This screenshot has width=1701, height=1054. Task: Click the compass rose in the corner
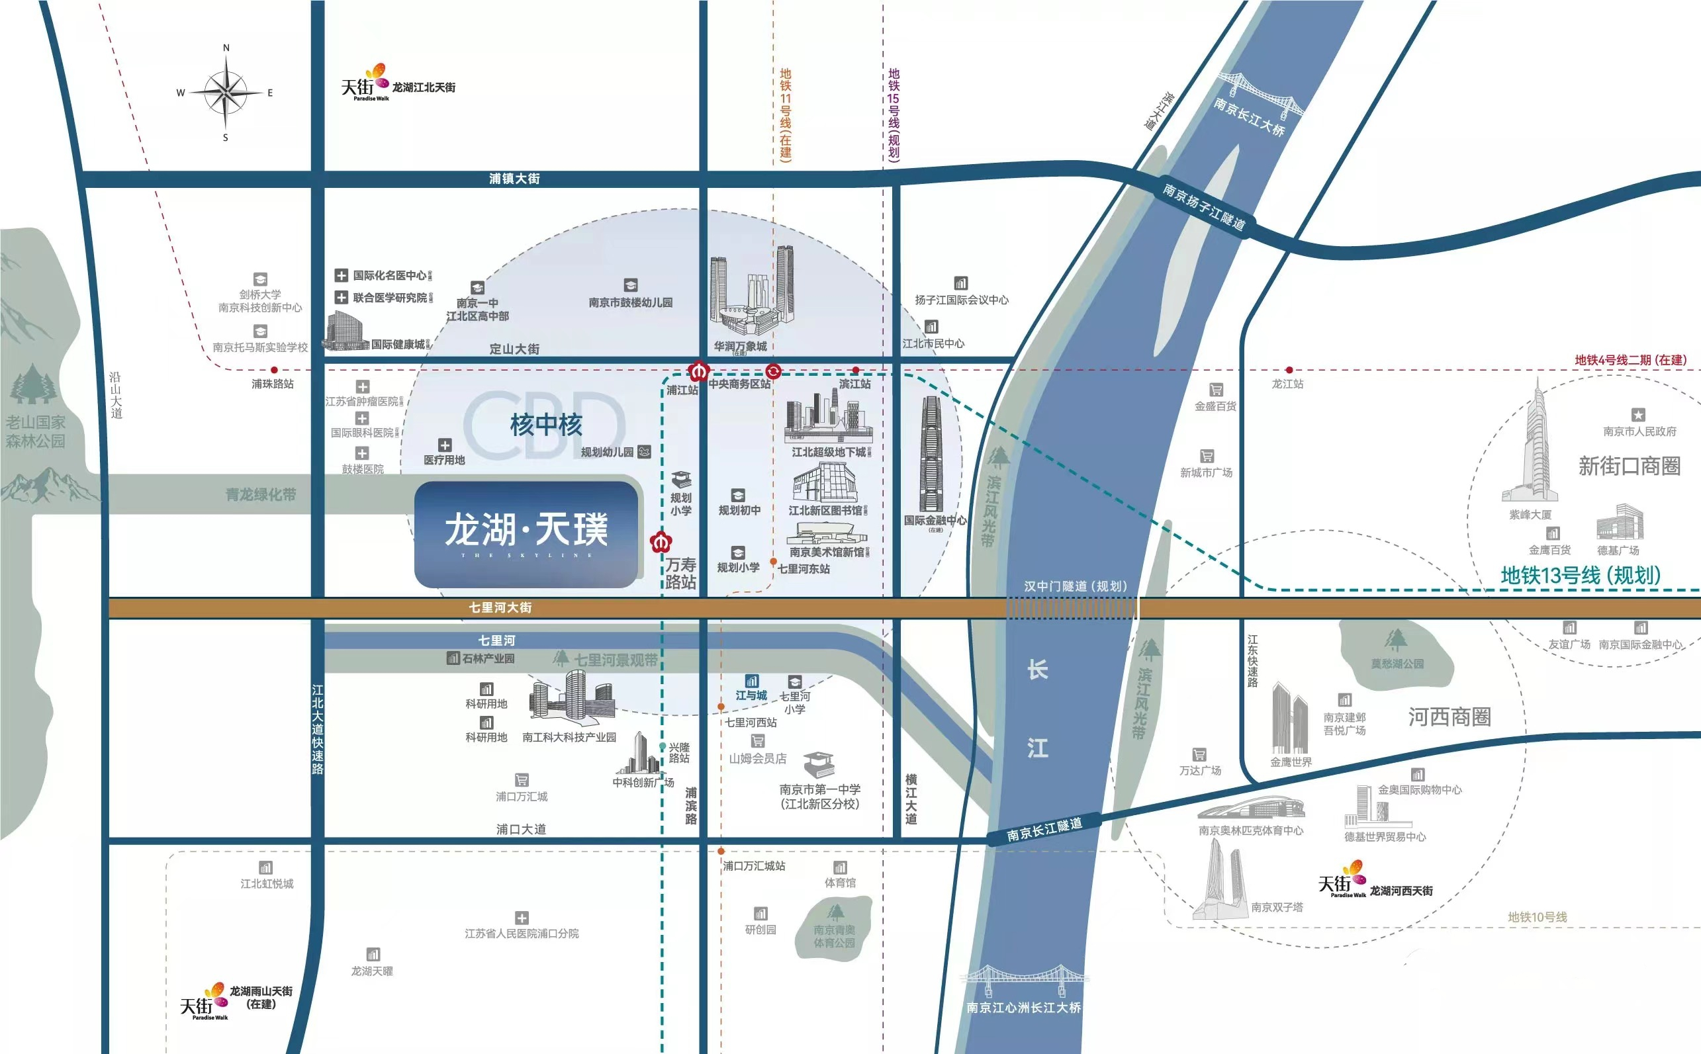(225, 93)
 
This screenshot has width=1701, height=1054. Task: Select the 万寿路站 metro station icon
(659, 542)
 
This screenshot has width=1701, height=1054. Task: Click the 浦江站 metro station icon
(698, 371)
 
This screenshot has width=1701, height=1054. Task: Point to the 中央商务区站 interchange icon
(773, 371)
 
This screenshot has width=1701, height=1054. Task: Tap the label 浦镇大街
(514, 179)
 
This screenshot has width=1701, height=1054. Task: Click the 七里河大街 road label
(500, 608)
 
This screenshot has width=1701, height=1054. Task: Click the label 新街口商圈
(1628, 466)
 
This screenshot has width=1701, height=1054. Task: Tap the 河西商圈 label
(1449, 717)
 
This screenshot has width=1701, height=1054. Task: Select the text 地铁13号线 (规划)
(1581, 575)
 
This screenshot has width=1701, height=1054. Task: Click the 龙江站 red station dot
(1289, 370)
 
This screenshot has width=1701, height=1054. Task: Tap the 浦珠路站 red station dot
(274, 370)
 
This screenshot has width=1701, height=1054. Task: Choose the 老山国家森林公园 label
(36, 431)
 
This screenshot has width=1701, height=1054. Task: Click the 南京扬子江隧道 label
(1203, 206)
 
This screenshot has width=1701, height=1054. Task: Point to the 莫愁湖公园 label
(1397, 664)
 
